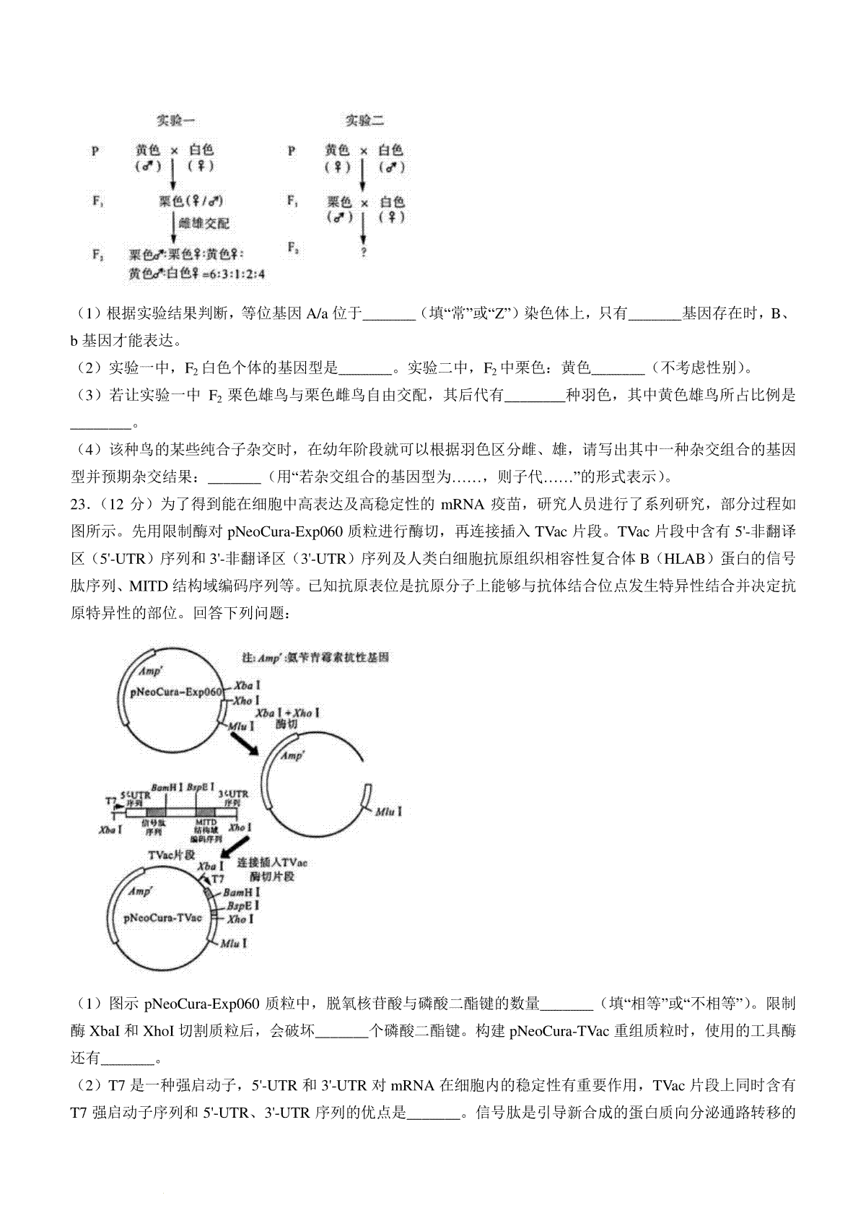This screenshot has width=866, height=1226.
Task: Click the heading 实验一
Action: point(176,120)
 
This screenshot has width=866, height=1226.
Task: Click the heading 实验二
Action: point(364,120)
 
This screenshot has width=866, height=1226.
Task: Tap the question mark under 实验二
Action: point(364,252)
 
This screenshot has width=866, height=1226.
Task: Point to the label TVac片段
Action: point(172,855)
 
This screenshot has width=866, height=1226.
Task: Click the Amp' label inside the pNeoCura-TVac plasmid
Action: point(140,892)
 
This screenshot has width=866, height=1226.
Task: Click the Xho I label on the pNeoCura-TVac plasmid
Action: point(240,919)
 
